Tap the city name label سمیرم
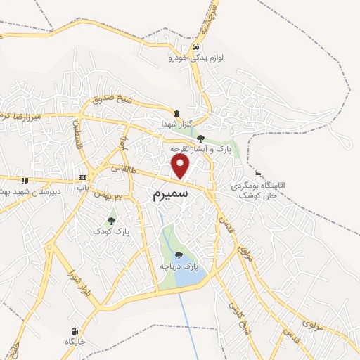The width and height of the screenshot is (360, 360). click(170, 194)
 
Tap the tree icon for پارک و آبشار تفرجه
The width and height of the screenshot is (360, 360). click(200, 138)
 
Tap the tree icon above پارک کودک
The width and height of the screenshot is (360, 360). click(111, 221)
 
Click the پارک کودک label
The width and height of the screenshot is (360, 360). click(112, 231)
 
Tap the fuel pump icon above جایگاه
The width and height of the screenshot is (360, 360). click(74, 331)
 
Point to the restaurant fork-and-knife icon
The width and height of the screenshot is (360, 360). click(25, 181)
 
